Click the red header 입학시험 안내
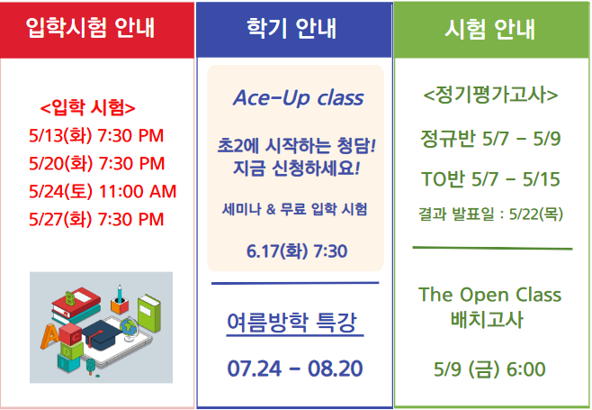click(x=90, y=28)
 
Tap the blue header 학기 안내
click(x=292, y=28)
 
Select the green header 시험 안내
click(x=489, y=29)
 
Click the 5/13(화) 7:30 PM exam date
click(x=96, y=135)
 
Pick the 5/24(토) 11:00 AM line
click(x=103, y=191)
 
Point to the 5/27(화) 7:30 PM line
click(x=96, y=219)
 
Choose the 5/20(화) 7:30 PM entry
click(x=96, y=163)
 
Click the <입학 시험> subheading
click(x=87, y=107)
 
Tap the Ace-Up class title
click(x=299, y=98)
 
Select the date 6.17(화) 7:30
click(x=297, y=251)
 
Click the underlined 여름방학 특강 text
click(x=292, y=323)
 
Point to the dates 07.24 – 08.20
click(x=295, y=369)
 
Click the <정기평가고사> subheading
click(x=490, y=95)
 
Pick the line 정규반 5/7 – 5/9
click(x=490, y=139)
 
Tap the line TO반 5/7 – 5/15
click(x=490, y=179)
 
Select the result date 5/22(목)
click(x=536, y=214)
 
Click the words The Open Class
click(x=489, y=295)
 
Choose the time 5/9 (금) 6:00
click(x=489, y=369)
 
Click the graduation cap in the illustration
click(x=102, y=333)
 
